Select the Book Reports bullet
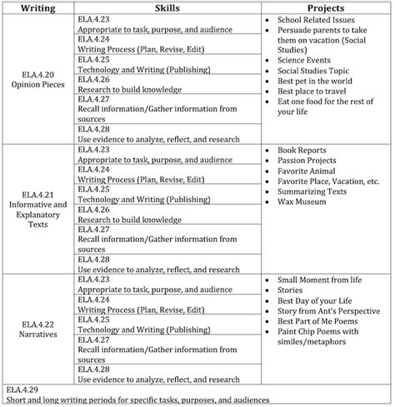tap(307, 150)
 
